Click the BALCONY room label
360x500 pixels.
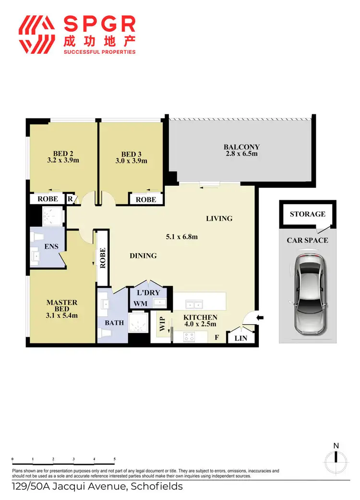[x=241, y=147]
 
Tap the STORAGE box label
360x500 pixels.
[x=308, y=214]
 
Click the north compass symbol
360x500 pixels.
[x=336, y=461]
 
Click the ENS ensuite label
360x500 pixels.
[x=51, y=246]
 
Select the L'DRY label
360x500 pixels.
[x=145, y=293]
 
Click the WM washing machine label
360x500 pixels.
[x=140, y=304]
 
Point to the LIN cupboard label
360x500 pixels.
[x=241, y=338]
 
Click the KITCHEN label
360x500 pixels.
[x=201, y=317]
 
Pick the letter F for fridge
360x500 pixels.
[x=217, y=338]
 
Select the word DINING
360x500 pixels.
[x=143, y=256]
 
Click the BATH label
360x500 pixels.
[x=115, y=323]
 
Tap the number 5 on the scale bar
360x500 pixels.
[x=115, y=460]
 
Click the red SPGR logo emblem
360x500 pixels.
[x=36, y=35]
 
